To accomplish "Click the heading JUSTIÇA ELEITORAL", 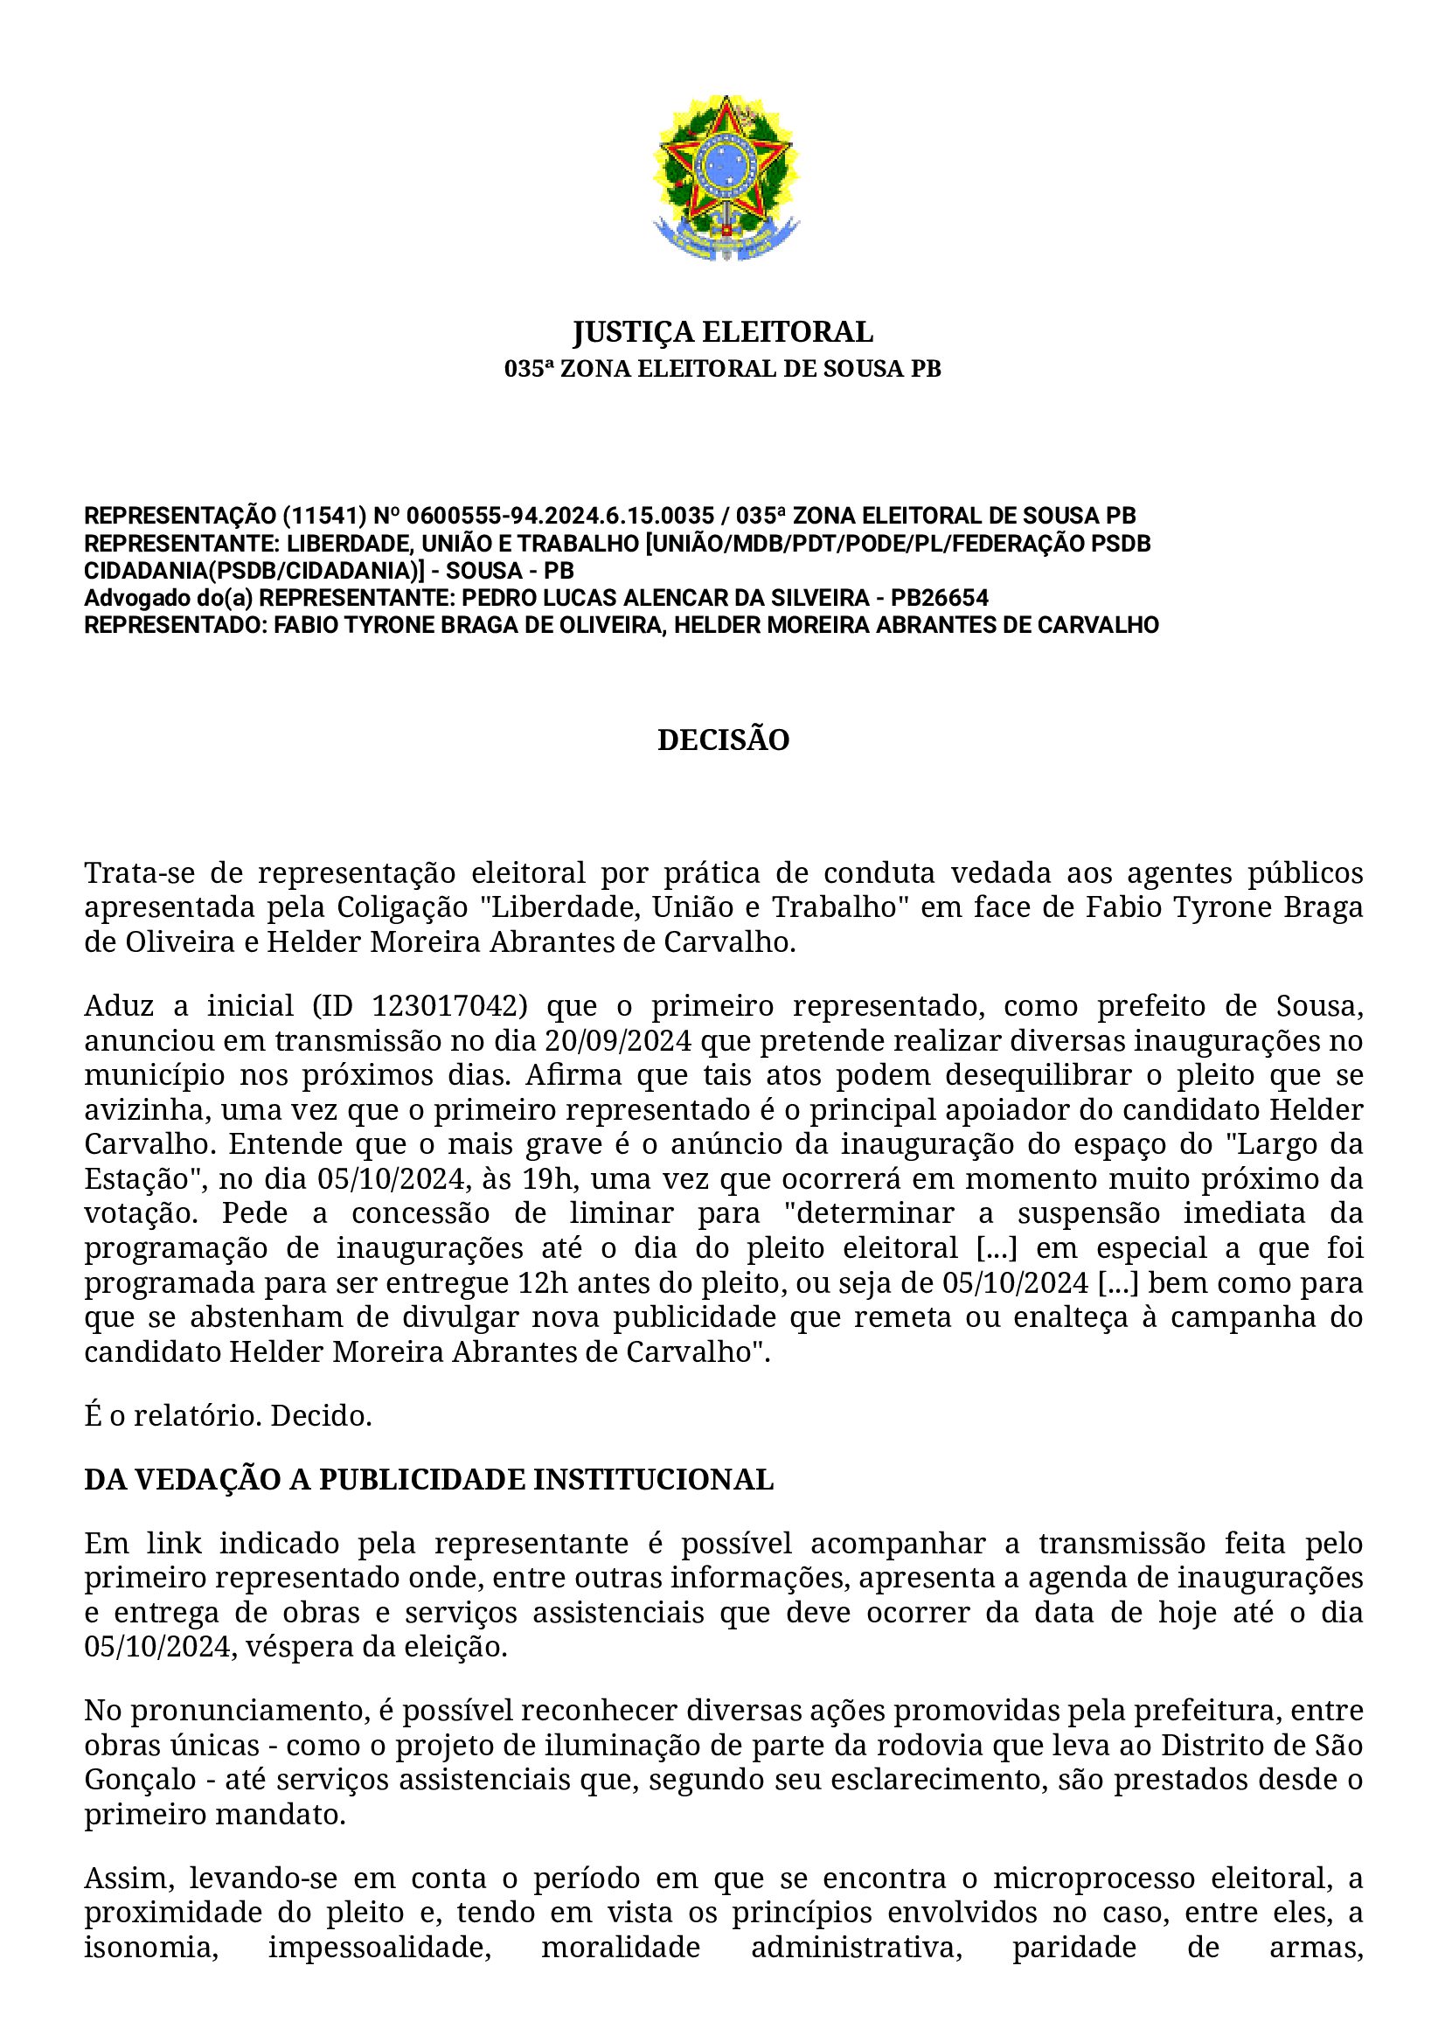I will pyautogui.click(x=722, y=332).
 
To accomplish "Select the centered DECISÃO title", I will pyautogui.click(x=722, y=740).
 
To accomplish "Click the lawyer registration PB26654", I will pyautogui.click(x=940, y=598).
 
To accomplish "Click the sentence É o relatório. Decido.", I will pyautogui.click(x=228, y=1416).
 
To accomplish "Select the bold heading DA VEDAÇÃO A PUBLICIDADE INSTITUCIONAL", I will pyautogui.click(x=429, y=1480).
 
